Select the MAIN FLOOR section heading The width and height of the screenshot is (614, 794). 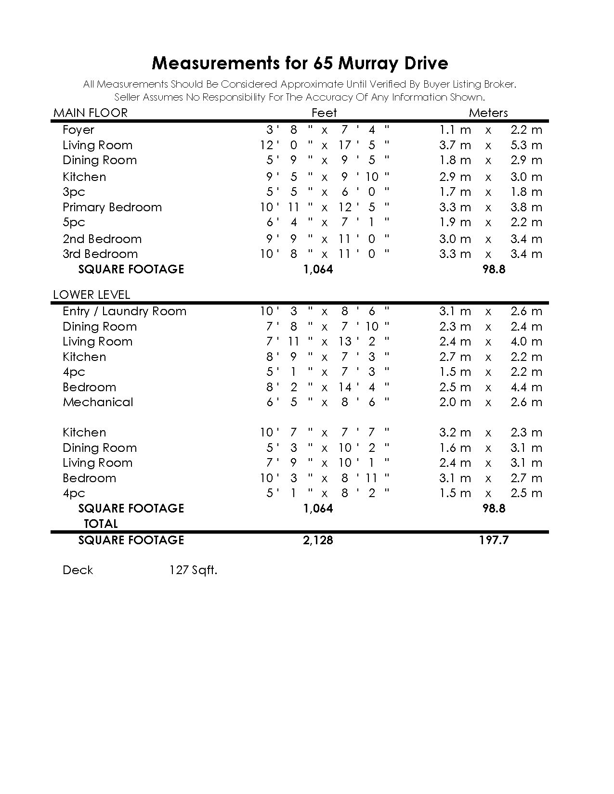click(91, 113)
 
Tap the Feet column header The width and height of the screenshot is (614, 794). click(324, 113)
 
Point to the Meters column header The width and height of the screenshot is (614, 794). click(488, 113)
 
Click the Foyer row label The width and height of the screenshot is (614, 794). click(78, 130)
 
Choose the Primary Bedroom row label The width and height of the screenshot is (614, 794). click(112, 207)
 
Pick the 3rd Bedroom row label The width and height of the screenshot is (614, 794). click(100, 254)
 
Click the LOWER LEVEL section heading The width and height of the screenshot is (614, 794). click(91, 295)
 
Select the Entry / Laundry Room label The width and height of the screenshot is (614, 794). click(124, 311)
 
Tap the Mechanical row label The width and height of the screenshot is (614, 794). click(98, 402)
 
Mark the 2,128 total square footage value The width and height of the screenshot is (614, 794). click(318, 540)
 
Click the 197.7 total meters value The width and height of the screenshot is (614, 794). click(494, 540)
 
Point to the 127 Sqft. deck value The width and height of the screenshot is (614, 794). click(193, 570)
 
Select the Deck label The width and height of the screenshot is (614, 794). click(78, 570)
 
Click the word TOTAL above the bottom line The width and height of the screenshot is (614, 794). click(101, 524)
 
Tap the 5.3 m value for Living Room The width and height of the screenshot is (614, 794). click(526, 145)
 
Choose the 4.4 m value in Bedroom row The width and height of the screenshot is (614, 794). click(526, 387)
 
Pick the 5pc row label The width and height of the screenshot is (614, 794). click(74, 222)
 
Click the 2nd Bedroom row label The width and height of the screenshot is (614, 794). click(102, 239)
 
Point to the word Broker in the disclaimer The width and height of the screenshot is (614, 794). click(500, 85)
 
